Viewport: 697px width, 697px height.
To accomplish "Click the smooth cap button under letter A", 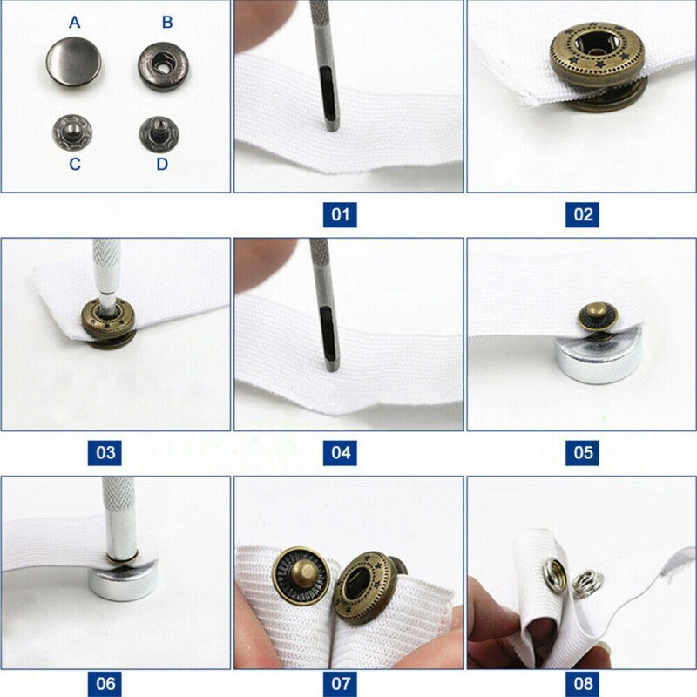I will (x=74, y=66).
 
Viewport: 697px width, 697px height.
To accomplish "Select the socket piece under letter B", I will (x=162, y=67).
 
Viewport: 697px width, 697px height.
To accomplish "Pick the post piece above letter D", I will (x=160, y=133).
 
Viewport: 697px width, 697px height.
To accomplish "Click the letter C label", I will (x=75, y=164).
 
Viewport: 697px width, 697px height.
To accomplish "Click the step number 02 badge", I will (x=582, y=213).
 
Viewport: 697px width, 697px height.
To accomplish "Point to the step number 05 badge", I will (x=582, y=452).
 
